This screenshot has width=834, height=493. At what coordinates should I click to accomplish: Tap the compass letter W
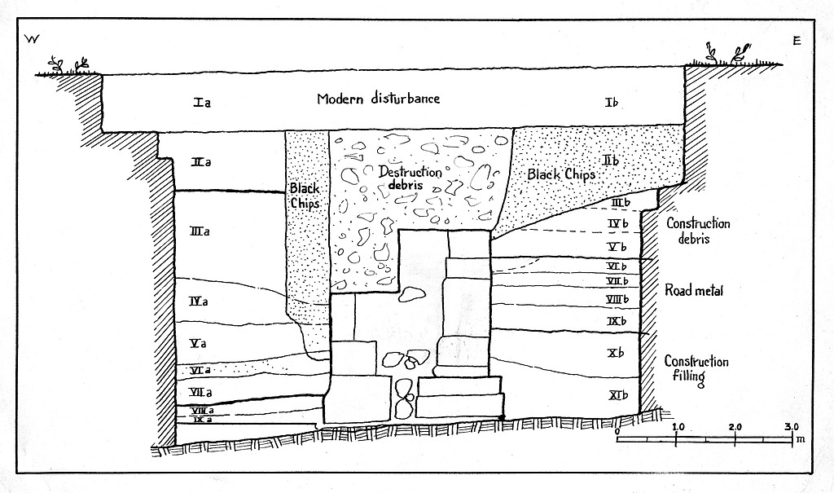(33, 39)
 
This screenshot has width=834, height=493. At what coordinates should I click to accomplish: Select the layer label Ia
(203, 103)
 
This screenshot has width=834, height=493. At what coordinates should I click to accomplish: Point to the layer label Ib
(613, 102)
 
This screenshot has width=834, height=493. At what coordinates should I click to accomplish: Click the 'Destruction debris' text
(410, 177)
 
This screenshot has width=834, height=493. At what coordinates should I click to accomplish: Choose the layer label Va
(197, 343)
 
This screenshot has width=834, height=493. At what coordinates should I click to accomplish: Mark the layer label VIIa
(200, 393)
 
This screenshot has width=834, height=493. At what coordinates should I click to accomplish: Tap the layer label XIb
(617, 396)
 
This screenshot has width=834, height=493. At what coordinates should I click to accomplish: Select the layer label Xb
(616, 353)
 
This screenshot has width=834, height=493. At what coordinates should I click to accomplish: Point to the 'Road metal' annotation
(694, 290)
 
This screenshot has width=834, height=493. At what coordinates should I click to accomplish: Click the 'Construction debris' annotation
(698, 231)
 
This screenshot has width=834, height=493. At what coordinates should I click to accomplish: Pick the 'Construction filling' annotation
(696, 370)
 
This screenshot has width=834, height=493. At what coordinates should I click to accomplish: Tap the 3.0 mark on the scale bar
(792, 427)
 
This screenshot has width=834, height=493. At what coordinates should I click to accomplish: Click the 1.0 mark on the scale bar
(678, 427)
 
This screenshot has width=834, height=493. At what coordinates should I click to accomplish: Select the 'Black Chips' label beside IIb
(561, 174)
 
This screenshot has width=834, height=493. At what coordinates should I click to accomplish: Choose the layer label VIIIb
(618, 300)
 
